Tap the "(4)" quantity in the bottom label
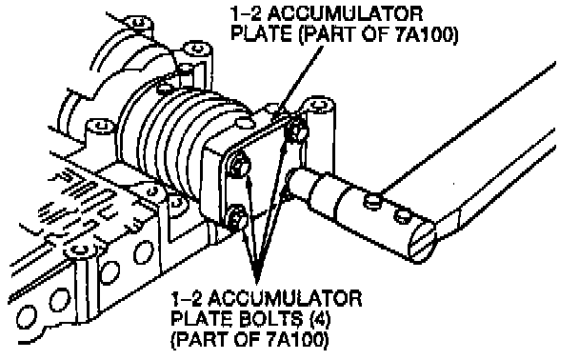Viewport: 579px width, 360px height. [x=320, y=320]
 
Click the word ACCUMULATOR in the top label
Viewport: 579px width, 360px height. [x=345, y=14]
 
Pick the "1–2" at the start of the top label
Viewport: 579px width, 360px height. [x=246, y=14]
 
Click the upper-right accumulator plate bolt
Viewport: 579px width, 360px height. [x=296, y=130]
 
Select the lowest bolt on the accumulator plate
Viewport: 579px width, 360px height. [x=236, y=217]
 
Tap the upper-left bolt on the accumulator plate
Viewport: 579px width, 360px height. [x=239, y=166]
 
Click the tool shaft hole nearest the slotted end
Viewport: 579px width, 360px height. [x=402, y=214]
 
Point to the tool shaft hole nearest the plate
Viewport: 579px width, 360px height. [x=373, y=201]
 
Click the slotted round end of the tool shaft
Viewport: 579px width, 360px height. [x=423, y=241]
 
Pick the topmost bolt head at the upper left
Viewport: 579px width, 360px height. [x=138, y=23]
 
